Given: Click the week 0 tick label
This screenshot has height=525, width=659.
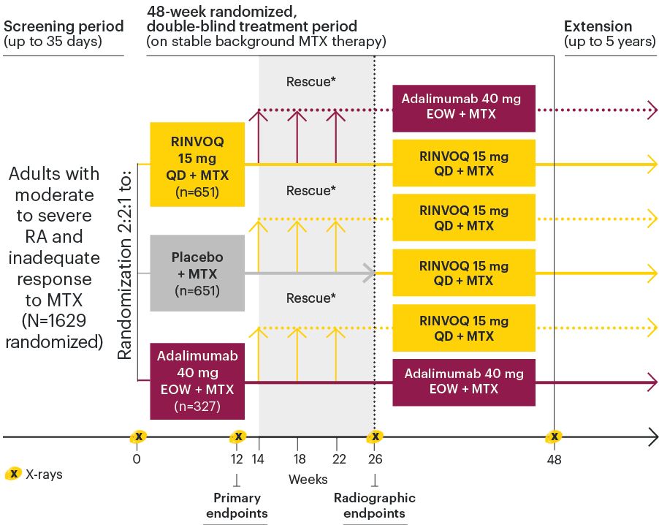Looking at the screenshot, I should pyautogui.click(x=137, y=459).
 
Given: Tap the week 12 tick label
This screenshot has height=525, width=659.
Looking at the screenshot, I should pyautogui.click(x=237, y=459).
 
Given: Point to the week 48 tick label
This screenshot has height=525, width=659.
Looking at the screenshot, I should pyautogui.click(x=555, y=459).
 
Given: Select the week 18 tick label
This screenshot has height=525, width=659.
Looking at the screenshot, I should pyautogui.click(x=297, y=459).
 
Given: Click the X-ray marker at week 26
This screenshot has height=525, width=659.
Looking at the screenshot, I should pyautogui.click(x=375, y=437).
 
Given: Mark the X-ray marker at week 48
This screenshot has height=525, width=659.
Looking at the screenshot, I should pyautogui.click(x=555, y=437).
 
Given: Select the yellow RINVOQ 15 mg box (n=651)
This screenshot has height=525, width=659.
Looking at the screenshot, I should pyautogui.click(x=197, y=165).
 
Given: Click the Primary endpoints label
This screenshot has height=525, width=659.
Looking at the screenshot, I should pyautogui.click(x=237, y=505).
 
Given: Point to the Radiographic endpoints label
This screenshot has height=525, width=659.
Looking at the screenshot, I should pyautogui.click(x=375, y=505).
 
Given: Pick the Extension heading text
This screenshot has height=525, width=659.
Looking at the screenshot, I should pyautogui.click(x=598, y=27).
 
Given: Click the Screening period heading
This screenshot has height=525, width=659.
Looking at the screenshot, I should pyautogui.click(x=64, y=27).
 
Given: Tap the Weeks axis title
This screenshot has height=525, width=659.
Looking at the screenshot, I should pyautogui.click(x=308, y=480).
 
